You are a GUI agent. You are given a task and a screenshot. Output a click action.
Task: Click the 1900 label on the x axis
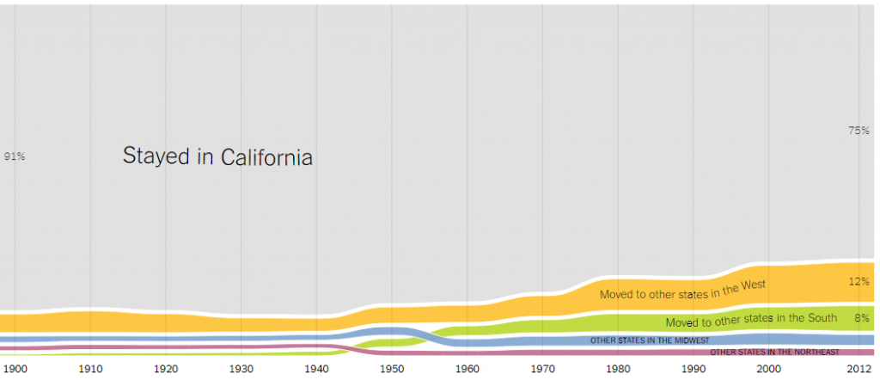[x=16, y=369]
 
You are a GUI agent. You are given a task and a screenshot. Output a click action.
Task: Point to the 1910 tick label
[x=91, y=369]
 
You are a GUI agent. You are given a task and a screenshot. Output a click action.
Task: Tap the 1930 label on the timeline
[x=241, y=369]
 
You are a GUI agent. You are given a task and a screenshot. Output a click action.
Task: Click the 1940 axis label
[x=317, y=369]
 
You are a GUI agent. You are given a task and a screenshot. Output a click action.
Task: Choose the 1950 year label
[x=392, y=369]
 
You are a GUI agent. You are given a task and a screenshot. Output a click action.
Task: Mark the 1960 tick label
[x=467, y=369]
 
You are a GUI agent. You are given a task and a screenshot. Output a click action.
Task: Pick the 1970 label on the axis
[x=542, y=369]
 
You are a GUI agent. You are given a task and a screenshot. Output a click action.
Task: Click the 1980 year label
[x=618, y=369]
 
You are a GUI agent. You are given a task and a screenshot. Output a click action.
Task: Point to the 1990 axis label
[x=694, y=369]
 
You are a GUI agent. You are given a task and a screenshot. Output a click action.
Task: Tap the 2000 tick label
[x=768, y=369]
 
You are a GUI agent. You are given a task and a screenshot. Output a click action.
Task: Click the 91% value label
[x=15, y=156]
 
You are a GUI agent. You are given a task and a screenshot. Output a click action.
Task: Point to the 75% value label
[x=859, y=131]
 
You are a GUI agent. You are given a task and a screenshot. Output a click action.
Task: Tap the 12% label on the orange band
[x=859, y=281]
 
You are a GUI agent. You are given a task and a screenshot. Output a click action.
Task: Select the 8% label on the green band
[x=862, y=317]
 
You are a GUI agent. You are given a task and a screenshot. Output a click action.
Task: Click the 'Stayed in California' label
[x=217, y=157]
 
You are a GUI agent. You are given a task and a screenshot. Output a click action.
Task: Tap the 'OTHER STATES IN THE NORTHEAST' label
[x=773, y=352]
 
